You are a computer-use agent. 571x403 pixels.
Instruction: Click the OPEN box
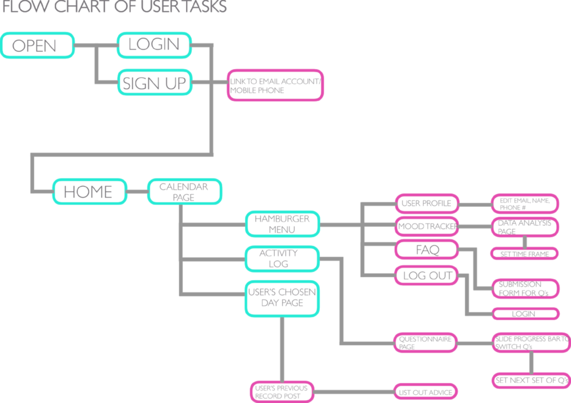[38, 45]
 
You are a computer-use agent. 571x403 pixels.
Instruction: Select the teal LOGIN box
[154, 45]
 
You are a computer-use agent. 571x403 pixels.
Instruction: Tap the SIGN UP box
[154, 83]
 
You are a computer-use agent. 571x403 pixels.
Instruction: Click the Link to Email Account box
[275, 86]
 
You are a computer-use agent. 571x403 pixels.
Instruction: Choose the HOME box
[90, 191]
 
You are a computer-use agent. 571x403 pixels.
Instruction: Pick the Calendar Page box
[184, 191]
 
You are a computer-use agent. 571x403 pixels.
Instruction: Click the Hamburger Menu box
[282, 224]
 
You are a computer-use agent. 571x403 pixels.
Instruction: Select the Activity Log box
[281, 258]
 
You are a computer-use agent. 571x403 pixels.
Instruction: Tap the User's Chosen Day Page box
[282, 298]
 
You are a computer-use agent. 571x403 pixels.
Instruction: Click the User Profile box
[426, 204]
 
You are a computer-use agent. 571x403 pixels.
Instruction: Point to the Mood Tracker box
[426, 226]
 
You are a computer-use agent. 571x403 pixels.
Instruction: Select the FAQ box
[427, 250]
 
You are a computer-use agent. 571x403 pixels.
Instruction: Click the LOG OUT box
[427, 276]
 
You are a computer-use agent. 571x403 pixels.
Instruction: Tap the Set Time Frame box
[524, 254]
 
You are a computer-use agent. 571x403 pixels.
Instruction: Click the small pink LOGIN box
[524, 314]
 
